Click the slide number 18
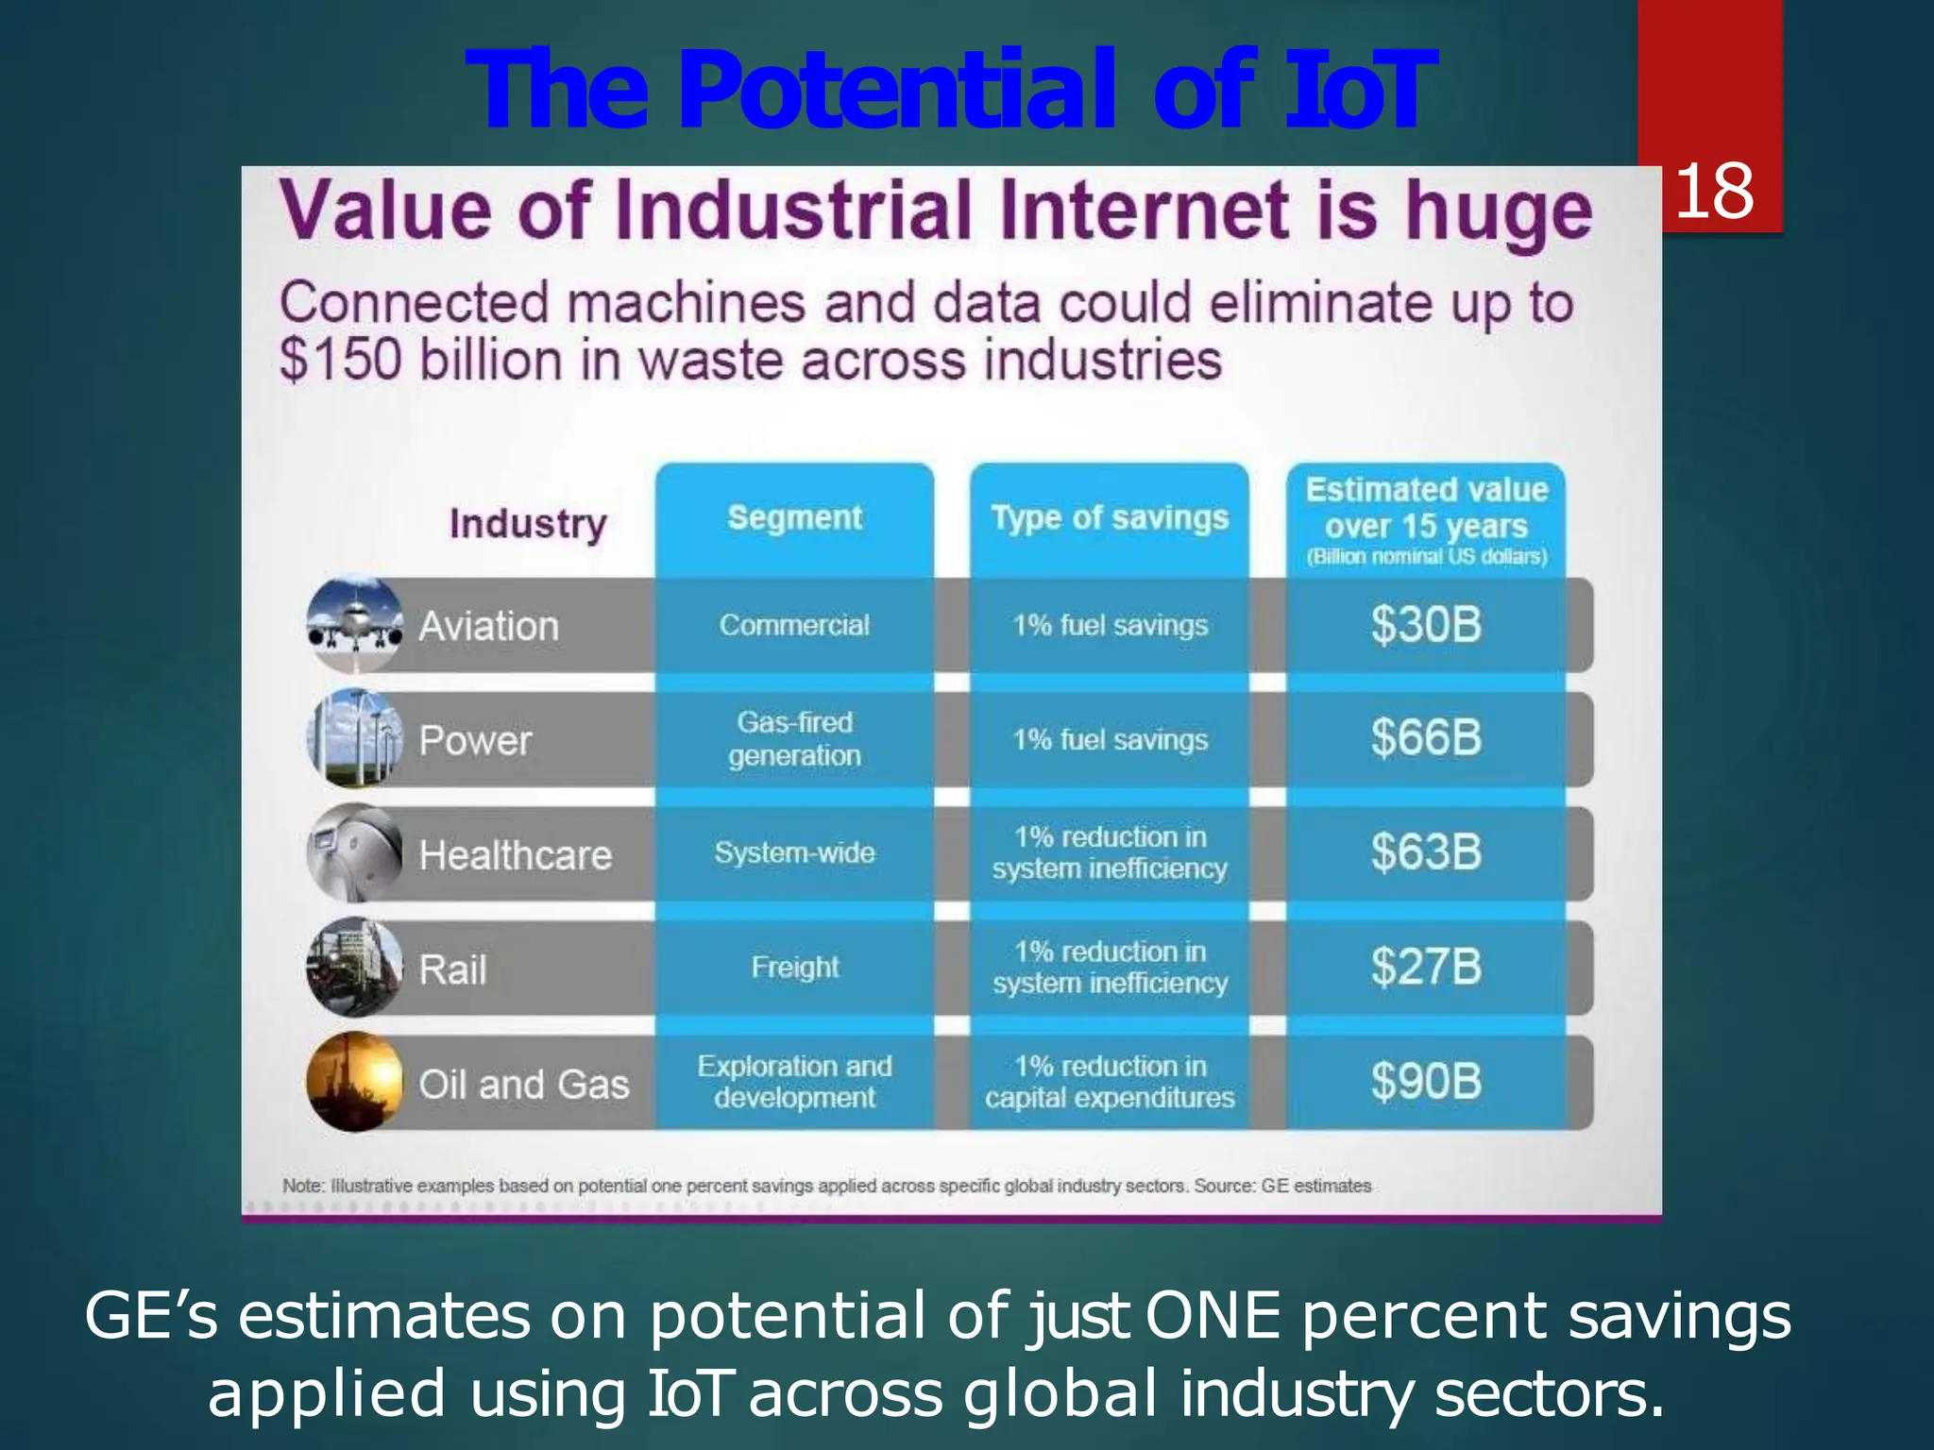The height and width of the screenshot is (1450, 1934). click(x=1714, y=192)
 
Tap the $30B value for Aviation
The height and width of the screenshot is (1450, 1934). click(x=1426, y=625)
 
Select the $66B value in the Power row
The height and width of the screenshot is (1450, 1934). click(x=1426, y=738)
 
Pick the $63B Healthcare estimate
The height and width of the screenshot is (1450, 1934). click(x=1426, y=852)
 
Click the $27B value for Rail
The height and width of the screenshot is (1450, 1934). click(x=1426, y=968)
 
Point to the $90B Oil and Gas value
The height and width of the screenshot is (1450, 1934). click(x=1426, y=1082)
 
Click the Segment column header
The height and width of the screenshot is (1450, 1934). click(x=794, y=517)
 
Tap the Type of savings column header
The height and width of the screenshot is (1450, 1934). click(x=1110, y=517)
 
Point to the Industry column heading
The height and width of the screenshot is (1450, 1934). click(x=528, y=524)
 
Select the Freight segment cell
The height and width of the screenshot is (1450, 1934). click(x=794, y=968)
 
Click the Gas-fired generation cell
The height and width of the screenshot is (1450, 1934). click(x=794, y=738)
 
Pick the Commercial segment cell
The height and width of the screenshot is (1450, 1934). click(x=794, y=625)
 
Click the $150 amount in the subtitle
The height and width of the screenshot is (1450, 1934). click(x=341, y=362)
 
